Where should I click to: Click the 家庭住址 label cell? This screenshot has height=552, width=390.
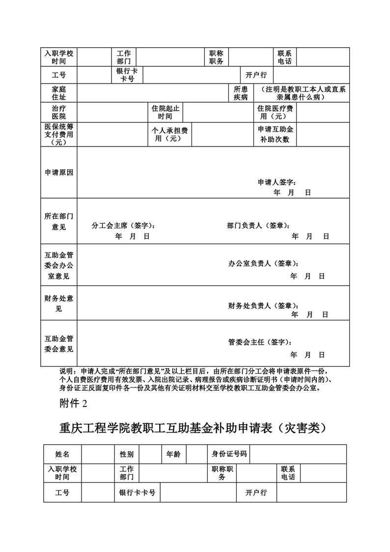pos(59,93)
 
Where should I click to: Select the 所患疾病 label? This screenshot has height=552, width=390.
pos(241,93)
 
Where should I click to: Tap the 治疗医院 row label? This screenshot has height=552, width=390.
pos(59,112)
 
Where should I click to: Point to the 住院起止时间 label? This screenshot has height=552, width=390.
pos(166,112)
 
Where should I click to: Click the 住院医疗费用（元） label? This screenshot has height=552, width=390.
pos(276,112)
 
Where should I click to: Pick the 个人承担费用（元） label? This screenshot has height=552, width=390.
pos(169,134)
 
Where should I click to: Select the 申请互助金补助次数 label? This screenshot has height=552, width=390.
pos(276,134)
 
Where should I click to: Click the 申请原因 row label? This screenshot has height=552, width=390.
pos(59,173)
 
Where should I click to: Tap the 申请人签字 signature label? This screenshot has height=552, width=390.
pos(277,182)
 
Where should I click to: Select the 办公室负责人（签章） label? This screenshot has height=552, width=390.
pos(263,263)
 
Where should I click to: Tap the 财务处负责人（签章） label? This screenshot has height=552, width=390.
pos(263,306)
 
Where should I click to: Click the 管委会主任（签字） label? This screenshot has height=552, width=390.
pos(263,342)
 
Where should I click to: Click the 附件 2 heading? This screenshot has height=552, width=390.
pos(73,404)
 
